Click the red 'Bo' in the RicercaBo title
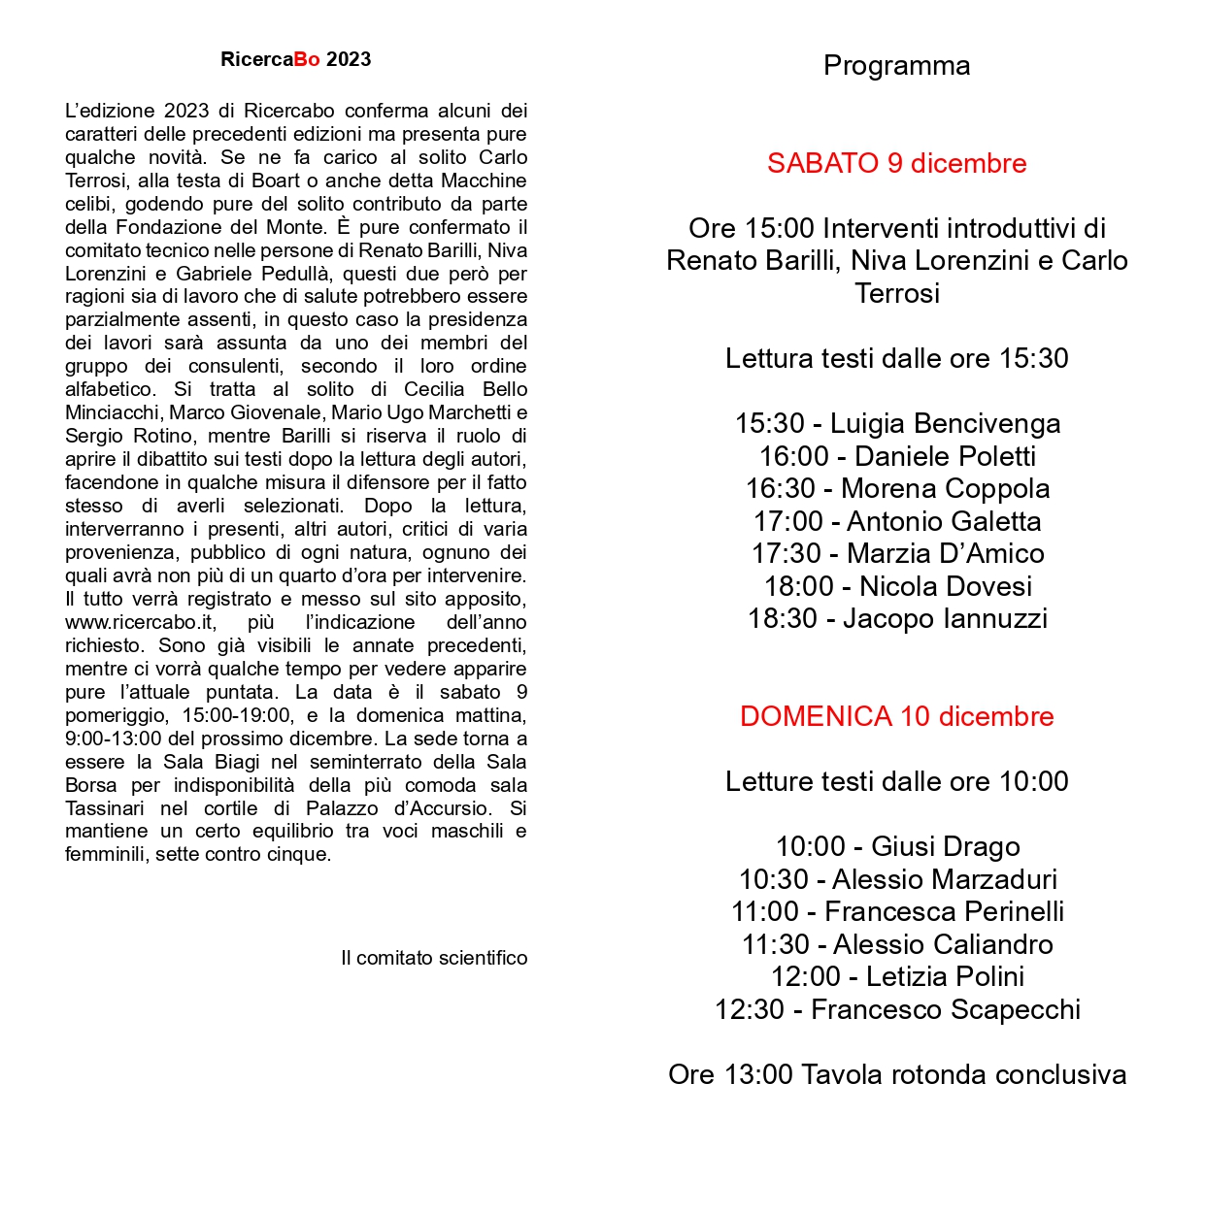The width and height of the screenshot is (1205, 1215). click(x=307, y=59)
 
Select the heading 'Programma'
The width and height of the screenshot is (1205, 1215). click(x=896, y=66)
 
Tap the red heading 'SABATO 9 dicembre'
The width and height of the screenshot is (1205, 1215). click(x=896, y=163)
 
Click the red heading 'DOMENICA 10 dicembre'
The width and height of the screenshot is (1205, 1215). click(x=896, y=716)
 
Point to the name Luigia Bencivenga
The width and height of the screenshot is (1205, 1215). click(x=945, y=424)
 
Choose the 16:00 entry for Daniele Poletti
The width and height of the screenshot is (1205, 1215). click(x=897, y=456)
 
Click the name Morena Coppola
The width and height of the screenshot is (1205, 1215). click(x=945, y=489)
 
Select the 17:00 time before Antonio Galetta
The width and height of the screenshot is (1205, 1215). click(x=787, y=521)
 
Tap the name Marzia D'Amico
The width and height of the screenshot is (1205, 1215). click(x=945, y=554)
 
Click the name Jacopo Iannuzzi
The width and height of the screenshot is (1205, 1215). click(x=945, y=619)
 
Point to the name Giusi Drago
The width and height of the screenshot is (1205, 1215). click(x=945, y=847)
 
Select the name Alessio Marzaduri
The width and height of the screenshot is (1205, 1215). click(x=944, y=879)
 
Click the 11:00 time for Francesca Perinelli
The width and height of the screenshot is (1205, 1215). click(x=765, y=912)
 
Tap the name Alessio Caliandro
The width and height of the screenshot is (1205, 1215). click(x=943, y=944)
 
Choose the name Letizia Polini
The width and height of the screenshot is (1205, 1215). click(x=945, y=977)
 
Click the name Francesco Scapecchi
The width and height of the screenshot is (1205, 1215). click(x=945, y=1010)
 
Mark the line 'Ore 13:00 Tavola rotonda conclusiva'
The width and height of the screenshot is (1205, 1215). click(x=896, y=1075)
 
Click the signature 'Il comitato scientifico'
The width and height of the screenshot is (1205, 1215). click(x=434, y=959)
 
